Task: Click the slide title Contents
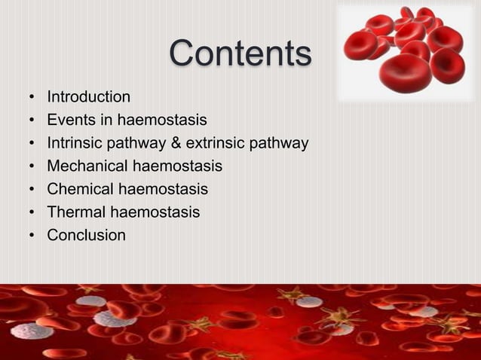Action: [240, 54]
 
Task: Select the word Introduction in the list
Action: [88, 97]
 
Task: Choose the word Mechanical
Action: [85, 166]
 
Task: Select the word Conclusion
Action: [86, 236]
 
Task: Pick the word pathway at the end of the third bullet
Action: [280, 143]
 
